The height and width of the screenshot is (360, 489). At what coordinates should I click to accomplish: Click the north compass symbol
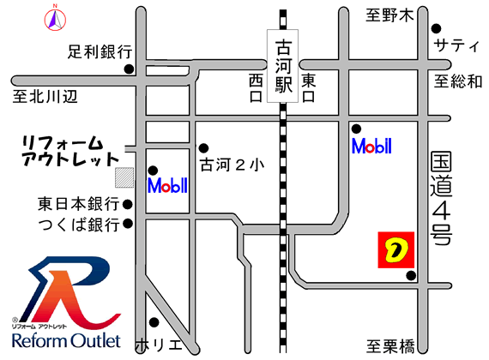(x=52, y=16)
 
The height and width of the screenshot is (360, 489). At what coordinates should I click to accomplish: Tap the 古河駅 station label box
(x=282, y=69)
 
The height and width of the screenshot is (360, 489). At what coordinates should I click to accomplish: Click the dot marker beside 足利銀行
(x=129, y=69)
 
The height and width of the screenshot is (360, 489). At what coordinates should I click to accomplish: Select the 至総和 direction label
(x=458, y=82)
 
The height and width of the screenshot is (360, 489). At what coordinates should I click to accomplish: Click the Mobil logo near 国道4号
(x=372, y=146)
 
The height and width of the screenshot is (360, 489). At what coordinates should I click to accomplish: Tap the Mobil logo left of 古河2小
(x=167, y=184)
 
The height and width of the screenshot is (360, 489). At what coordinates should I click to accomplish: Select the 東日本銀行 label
(x=77, y=205)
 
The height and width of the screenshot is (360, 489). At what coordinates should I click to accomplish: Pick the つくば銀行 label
(x=77, y=225)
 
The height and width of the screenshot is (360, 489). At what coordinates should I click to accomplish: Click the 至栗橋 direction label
(x=390, y=345)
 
